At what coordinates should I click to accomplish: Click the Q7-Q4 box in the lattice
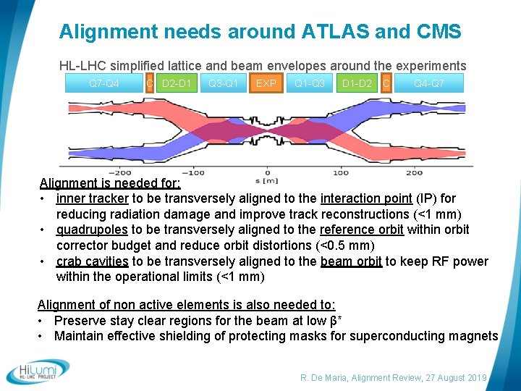pyautogui.click(x=103, y=83)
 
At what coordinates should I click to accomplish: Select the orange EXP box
pyautogui.click(x=266, y=83)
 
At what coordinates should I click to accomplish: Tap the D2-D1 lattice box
pyautogui.click(x=177, y=83)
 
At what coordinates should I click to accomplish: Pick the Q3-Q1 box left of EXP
pyautogui.click(x=223, y=83)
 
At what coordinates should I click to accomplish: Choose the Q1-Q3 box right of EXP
pyautogui.click(x=309, y=83)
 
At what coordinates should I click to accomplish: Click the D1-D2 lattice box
pyautogui.click(x=357, y=83)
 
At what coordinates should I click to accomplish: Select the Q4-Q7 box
pyautogui.click(x=428, y=83)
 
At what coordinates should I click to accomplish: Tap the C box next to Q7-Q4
pyautogui.click(x=149, y=83)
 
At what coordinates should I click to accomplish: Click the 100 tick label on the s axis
pyautogui.click(x=340, y=173)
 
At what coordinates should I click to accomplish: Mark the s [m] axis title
pyautogui.click(x=266, y=180)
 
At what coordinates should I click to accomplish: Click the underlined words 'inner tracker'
pyautogui.click(x=93, y=198)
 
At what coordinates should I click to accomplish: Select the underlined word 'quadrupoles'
pyautogui.click(x=92, y=230)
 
